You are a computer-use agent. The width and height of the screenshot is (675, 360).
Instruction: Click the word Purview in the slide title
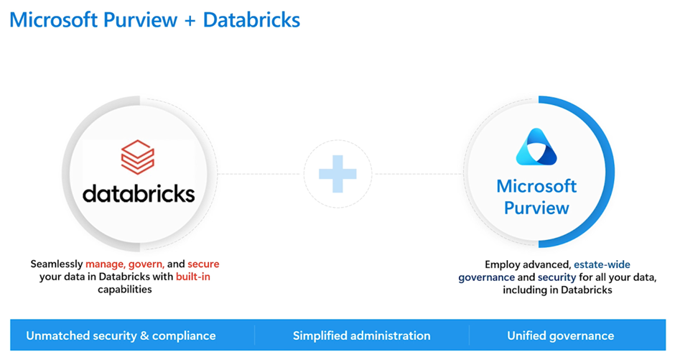(140, 21)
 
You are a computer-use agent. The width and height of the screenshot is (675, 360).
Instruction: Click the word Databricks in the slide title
(251, 20)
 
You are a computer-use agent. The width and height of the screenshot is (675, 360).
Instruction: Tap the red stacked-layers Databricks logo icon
(138, 157)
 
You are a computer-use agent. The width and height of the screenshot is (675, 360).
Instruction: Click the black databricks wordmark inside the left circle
(139, 193)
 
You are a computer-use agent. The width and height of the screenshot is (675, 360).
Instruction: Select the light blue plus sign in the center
(337, 174)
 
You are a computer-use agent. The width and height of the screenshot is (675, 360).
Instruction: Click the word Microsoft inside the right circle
(536, 186)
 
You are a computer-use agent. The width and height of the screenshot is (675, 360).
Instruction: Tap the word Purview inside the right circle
(536, 208)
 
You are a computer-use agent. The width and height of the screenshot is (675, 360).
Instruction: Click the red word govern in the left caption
(146, 264)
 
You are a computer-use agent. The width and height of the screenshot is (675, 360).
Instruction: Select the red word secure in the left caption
(203, 264)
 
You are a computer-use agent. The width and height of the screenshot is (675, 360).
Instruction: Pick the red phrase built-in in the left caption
(193, 277)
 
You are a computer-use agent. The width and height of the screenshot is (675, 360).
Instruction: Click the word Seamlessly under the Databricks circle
(57, 264)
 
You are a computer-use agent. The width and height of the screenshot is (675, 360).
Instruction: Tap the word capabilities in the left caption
(125, 290)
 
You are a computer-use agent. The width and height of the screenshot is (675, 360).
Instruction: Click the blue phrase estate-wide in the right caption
(602, 264)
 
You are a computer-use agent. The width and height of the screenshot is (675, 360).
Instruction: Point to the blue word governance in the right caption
(486, 277)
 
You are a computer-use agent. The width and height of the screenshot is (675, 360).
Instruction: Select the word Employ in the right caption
(501, 265)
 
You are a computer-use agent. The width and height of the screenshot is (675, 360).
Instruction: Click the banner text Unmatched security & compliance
(121, 336)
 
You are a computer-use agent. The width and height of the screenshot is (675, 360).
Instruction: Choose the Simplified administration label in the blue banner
(362, 336)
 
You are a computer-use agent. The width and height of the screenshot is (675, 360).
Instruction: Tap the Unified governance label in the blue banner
(561, 336)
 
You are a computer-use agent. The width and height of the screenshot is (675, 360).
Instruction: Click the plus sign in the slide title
(190, 21)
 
